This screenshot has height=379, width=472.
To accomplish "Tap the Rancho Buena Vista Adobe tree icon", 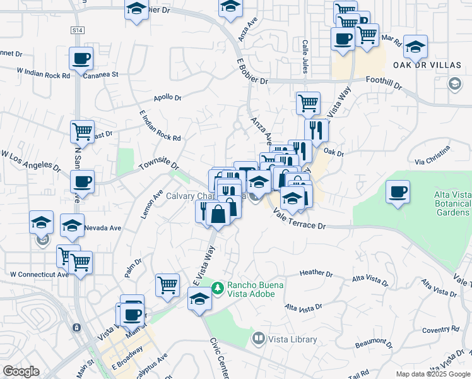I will (x=218, y=288).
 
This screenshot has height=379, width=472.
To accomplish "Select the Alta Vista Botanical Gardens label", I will (x=452, y=204).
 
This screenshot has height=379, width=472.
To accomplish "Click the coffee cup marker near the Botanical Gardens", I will (x=398, y=191).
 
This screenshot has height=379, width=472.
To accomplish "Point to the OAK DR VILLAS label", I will (x=427, y=64).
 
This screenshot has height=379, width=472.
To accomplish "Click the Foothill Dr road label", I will (x=385, y=80).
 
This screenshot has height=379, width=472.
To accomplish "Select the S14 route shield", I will (x=77, y=30).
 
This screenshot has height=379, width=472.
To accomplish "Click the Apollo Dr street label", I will (x=167, y=98).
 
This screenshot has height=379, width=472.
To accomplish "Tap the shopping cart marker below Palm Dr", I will (x=167, y=285).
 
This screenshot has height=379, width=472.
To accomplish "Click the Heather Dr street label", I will (x=316, y=274).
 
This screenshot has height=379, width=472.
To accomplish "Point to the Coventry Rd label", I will (x=440, y=329).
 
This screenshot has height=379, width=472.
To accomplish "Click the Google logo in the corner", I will (x=21, y=371).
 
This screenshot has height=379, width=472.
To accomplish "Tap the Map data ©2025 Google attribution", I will (x=432, y=374).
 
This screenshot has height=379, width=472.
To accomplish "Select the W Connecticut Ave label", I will (x=39, y=274).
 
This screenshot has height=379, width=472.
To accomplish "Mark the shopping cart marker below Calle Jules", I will (x=308, y=102).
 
